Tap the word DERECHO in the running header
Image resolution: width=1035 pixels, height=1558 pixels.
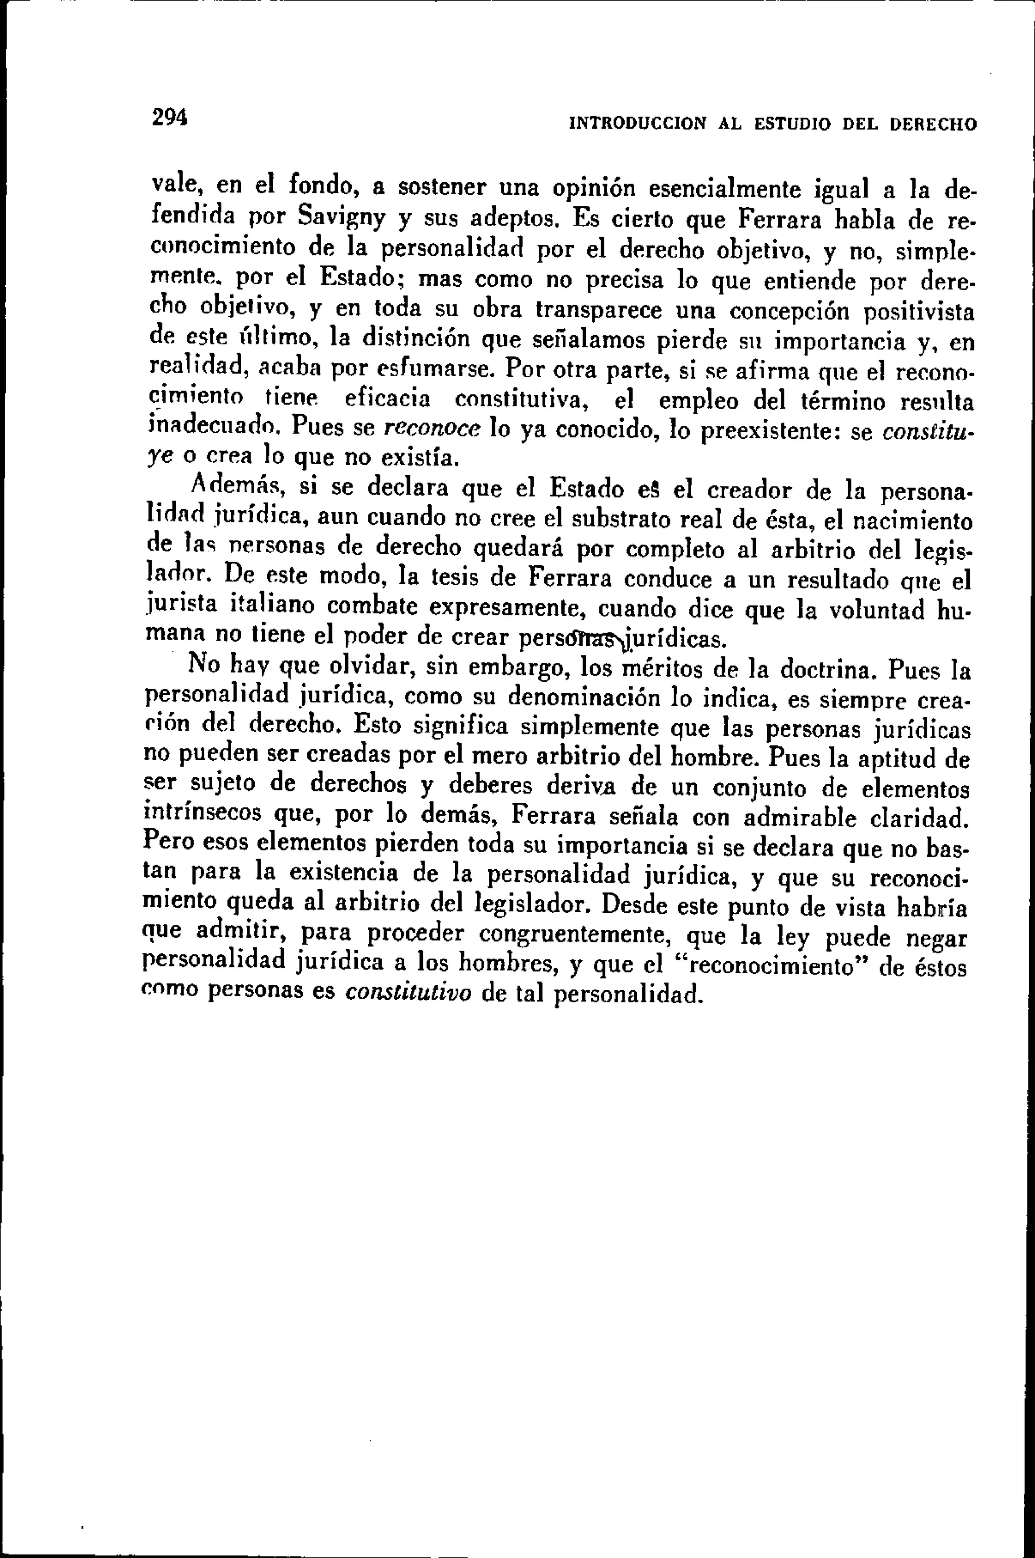[x=933, y=125]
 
